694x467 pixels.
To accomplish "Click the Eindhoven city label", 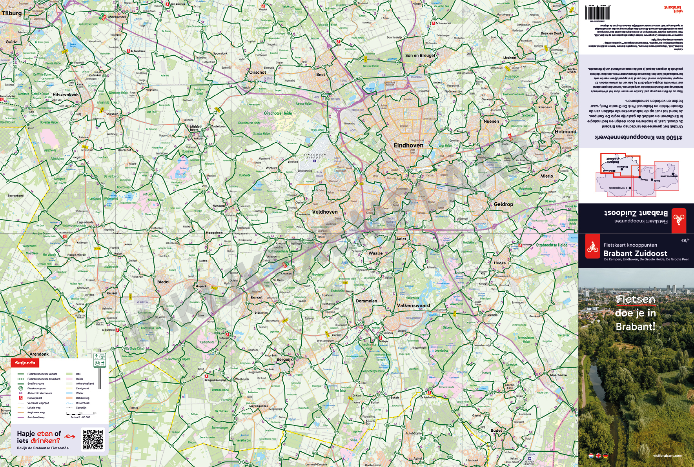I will pyautogui.click(x=408, y=145).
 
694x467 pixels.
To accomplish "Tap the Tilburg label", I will pyautogui.click(x=12, y=13).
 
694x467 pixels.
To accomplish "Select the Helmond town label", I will pyautogui.click(x=565, y=132).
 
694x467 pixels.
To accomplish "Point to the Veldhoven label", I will pyautogui.click(x=325, y=212).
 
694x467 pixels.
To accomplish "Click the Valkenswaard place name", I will pyautogui.click(x=413, y=305).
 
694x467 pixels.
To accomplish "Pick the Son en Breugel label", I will pyautogui.click(x=420, y=56).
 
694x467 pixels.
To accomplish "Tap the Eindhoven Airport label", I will pyautogui.click(x=315, y=156).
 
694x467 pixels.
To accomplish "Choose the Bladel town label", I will pyautogui.click(x=163, y=282).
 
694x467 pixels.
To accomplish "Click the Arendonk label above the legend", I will pyautogui.click(x=39, y=354).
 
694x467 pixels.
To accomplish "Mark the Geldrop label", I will pyautogui.click(x=503, y=204).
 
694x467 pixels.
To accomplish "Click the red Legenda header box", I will pyautogui.click(x=25, y=363).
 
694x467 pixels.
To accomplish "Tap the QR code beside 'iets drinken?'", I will pyautogui.click(x=93, y=439).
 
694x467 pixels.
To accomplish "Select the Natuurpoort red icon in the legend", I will pyautogui.click(x=21, y=398).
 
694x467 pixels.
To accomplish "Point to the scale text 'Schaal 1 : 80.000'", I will pyautogui.click(x=80, y=417).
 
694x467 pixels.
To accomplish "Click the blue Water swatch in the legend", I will pyautogui.click(x=69, y=393).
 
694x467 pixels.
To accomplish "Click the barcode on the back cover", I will pyautogui.click(x=597, y=13).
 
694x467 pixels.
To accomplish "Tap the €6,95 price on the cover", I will pyautogui.click(x=685, y=240).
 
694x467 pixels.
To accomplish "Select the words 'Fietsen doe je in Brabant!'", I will pyautogui.click(x=635, y=313).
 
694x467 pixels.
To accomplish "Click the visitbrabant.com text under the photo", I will pyautogui.click(x=667, y=456).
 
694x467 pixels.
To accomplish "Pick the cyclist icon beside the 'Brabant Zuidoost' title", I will pyautogui.click(x=592, y=247).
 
